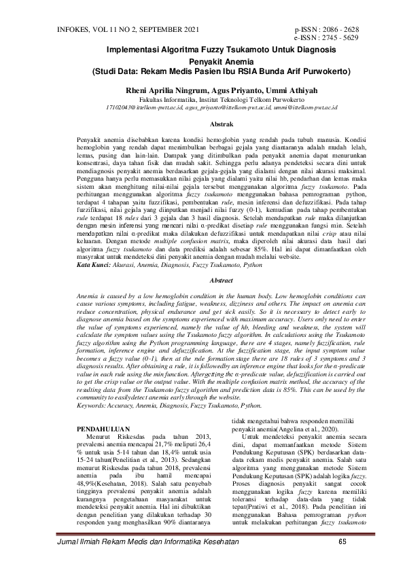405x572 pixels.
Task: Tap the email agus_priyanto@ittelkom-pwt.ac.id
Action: coord(217,107)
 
